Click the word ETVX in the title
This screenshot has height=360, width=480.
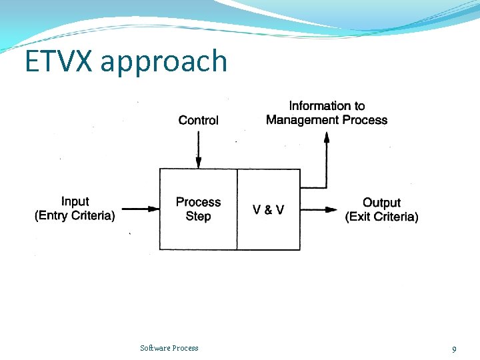tap(59, 61)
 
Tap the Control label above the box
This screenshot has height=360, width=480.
tap(198, 120)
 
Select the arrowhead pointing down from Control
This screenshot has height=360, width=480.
tap(198, 162)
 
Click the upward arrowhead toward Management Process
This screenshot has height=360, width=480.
tap(327, 137)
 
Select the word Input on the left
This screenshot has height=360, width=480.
tap(75, 201)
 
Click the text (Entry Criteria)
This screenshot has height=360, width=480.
tap(75, 215)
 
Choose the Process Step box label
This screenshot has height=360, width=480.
tap(198, 209)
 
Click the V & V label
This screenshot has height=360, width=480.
tap(268, 209)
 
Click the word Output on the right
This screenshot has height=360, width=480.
tap(381, 202)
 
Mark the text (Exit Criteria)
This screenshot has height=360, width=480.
tap(381, 217)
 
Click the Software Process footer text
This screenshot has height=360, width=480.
tap(169, 348)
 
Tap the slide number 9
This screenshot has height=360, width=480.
tap(454, 349)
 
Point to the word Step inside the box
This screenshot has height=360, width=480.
tap(198, 216)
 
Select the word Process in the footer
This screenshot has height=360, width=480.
tap(185, 348)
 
